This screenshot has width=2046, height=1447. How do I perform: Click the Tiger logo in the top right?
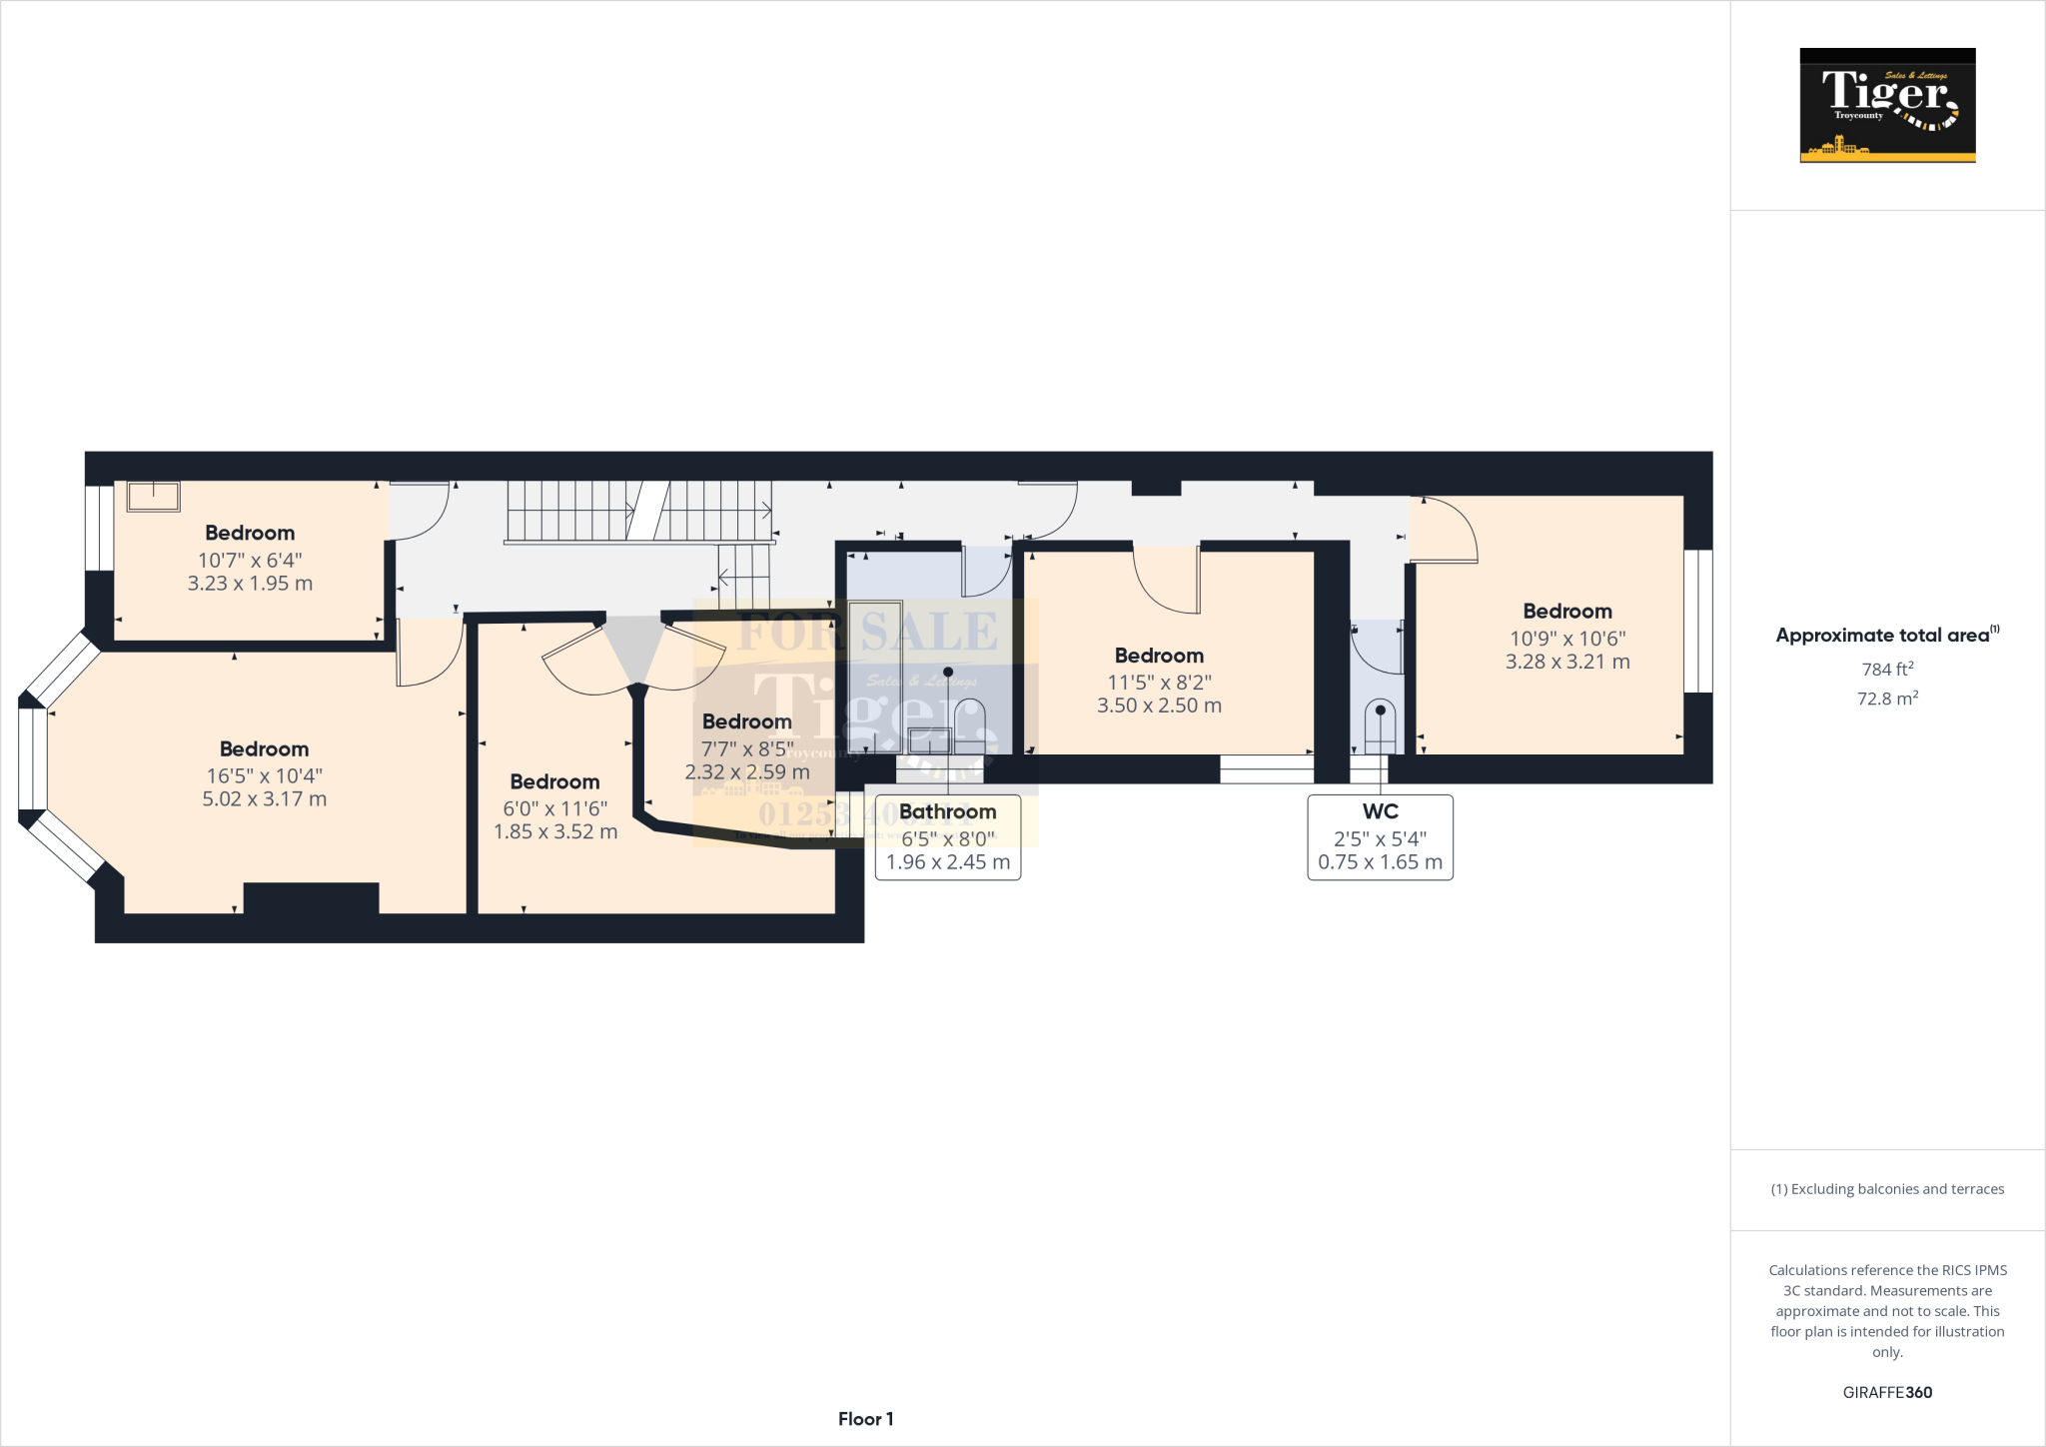tap(1887, 105)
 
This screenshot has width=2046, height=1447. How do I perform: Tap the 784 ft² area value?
tap(1887, 669)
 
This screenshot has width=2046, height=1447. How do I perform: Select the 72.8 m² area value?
tap(1887, 699)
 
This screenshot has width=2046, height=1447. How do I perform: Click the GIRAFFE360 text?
tap(1887, 1392)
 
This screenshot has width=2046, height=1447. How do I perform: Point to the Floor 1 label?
tap(865, 1419)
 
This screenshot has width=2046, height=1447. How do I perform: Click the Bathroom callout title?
tap(947, 811)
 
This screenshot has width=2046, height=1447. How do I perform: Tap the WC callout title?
tap(1380, 811)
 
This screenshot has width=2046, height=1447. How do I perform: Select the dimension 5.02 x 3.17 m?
tap(265, 798)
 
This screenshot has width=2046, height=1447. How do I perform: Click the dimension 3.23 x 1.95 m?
tap(250, 584)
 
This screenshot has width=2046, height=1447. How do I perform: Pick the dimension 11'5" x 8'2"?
tap(1159, 683)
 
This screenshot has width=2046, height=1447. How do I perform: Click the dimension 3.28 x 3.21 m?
tap(1567, 662)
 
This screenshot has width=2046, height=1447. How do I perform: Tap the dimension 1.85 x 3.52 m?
tap(555, 831)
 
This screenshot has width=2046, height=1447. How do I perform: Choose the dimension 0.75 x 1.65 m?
tap(1380, 861)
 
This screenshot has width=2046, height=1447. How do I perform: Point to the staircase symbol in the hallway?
tap(639, 512)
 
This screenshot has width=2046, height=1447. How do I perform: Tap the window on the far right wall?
tap(1698, 621)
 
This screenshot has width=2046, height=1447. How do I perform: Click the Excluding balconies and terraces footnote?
tap(1887, 1189)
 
